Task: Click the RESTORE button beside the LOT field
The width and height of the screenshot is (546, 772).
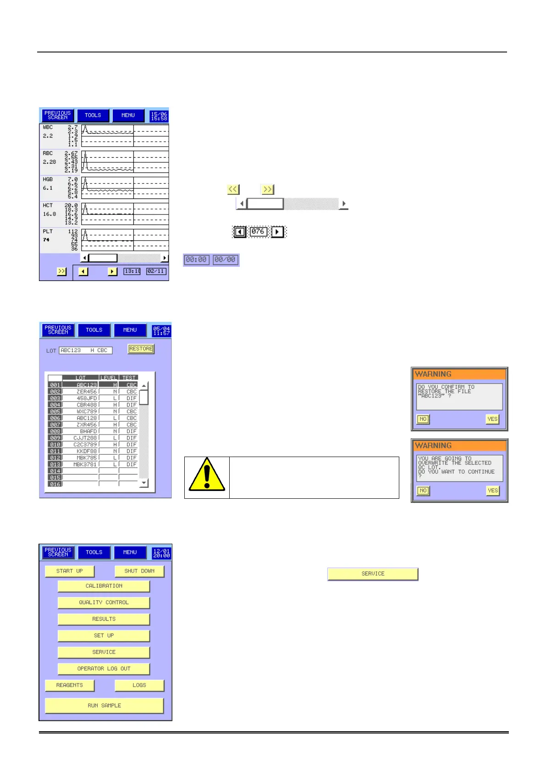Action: tap(141, 349)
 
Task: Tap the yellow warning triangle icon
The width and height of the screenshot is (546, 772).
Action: tap(207, 475)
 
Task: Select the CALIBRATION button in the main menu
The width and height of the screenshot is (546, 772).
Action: tap(104, 586)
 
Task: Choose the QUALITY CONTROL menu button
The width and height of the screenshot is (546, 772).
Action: tap(104, 602)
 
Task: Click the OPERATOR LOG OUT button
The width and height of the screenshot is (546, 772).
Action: tap(104, 668)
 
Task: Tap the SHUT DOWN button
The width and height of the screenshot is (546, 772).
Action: tap(139, 571)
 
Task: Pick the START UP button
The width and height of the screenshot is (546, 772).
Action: tap(70, 571)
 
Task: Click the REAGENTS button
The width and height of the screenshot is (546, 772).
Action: tap(70, 685)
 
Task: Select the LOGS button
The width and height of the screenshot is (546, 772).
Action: tap(139, 685)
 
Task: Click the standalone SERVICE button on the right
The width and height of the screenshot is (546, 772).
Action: tap(373, 573)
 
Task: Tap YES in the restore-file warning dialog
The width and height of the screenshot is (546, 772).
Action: tap(492, 419)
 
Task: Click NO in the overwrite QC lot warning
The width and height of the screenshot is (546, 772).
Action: tap(423, 491)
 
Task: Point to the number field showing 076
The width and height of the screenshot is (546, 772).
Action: tap(258, 232)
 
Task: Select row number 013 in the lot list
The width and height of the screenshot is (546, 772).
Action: tap(55, 464)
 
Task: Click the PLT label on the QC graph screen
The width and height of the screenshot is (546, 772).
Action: tap(48, 232)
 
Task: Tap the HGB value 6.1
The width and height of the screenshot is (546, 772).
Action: tap(48, 188)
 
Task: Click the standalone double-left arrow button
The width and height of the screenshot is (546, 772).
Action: tap(233, 189)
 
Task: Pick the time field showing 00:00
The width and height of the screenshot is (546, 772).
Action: tap(196, 260)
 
